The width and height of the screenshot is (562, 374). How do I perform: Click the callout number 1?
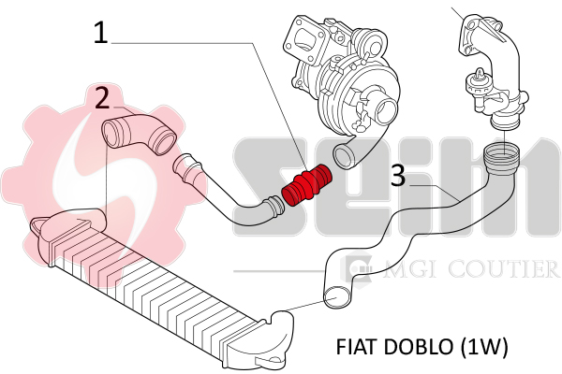point(101,34)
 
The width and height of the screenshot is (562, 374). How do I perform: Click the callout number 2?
point(103,97)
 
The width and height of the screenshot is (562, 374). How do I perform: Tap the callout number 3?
point(398,175)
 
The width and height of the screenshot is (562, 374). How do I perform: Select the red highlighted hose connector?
point(306,187)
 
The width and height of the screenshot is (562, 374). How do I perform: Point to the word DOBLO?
point(414,347)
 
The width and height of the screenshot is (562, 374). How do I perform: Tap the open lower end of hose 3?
point(334,298)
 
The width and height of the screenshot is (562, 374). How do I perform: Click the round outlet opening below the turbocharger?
point(344,154)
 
